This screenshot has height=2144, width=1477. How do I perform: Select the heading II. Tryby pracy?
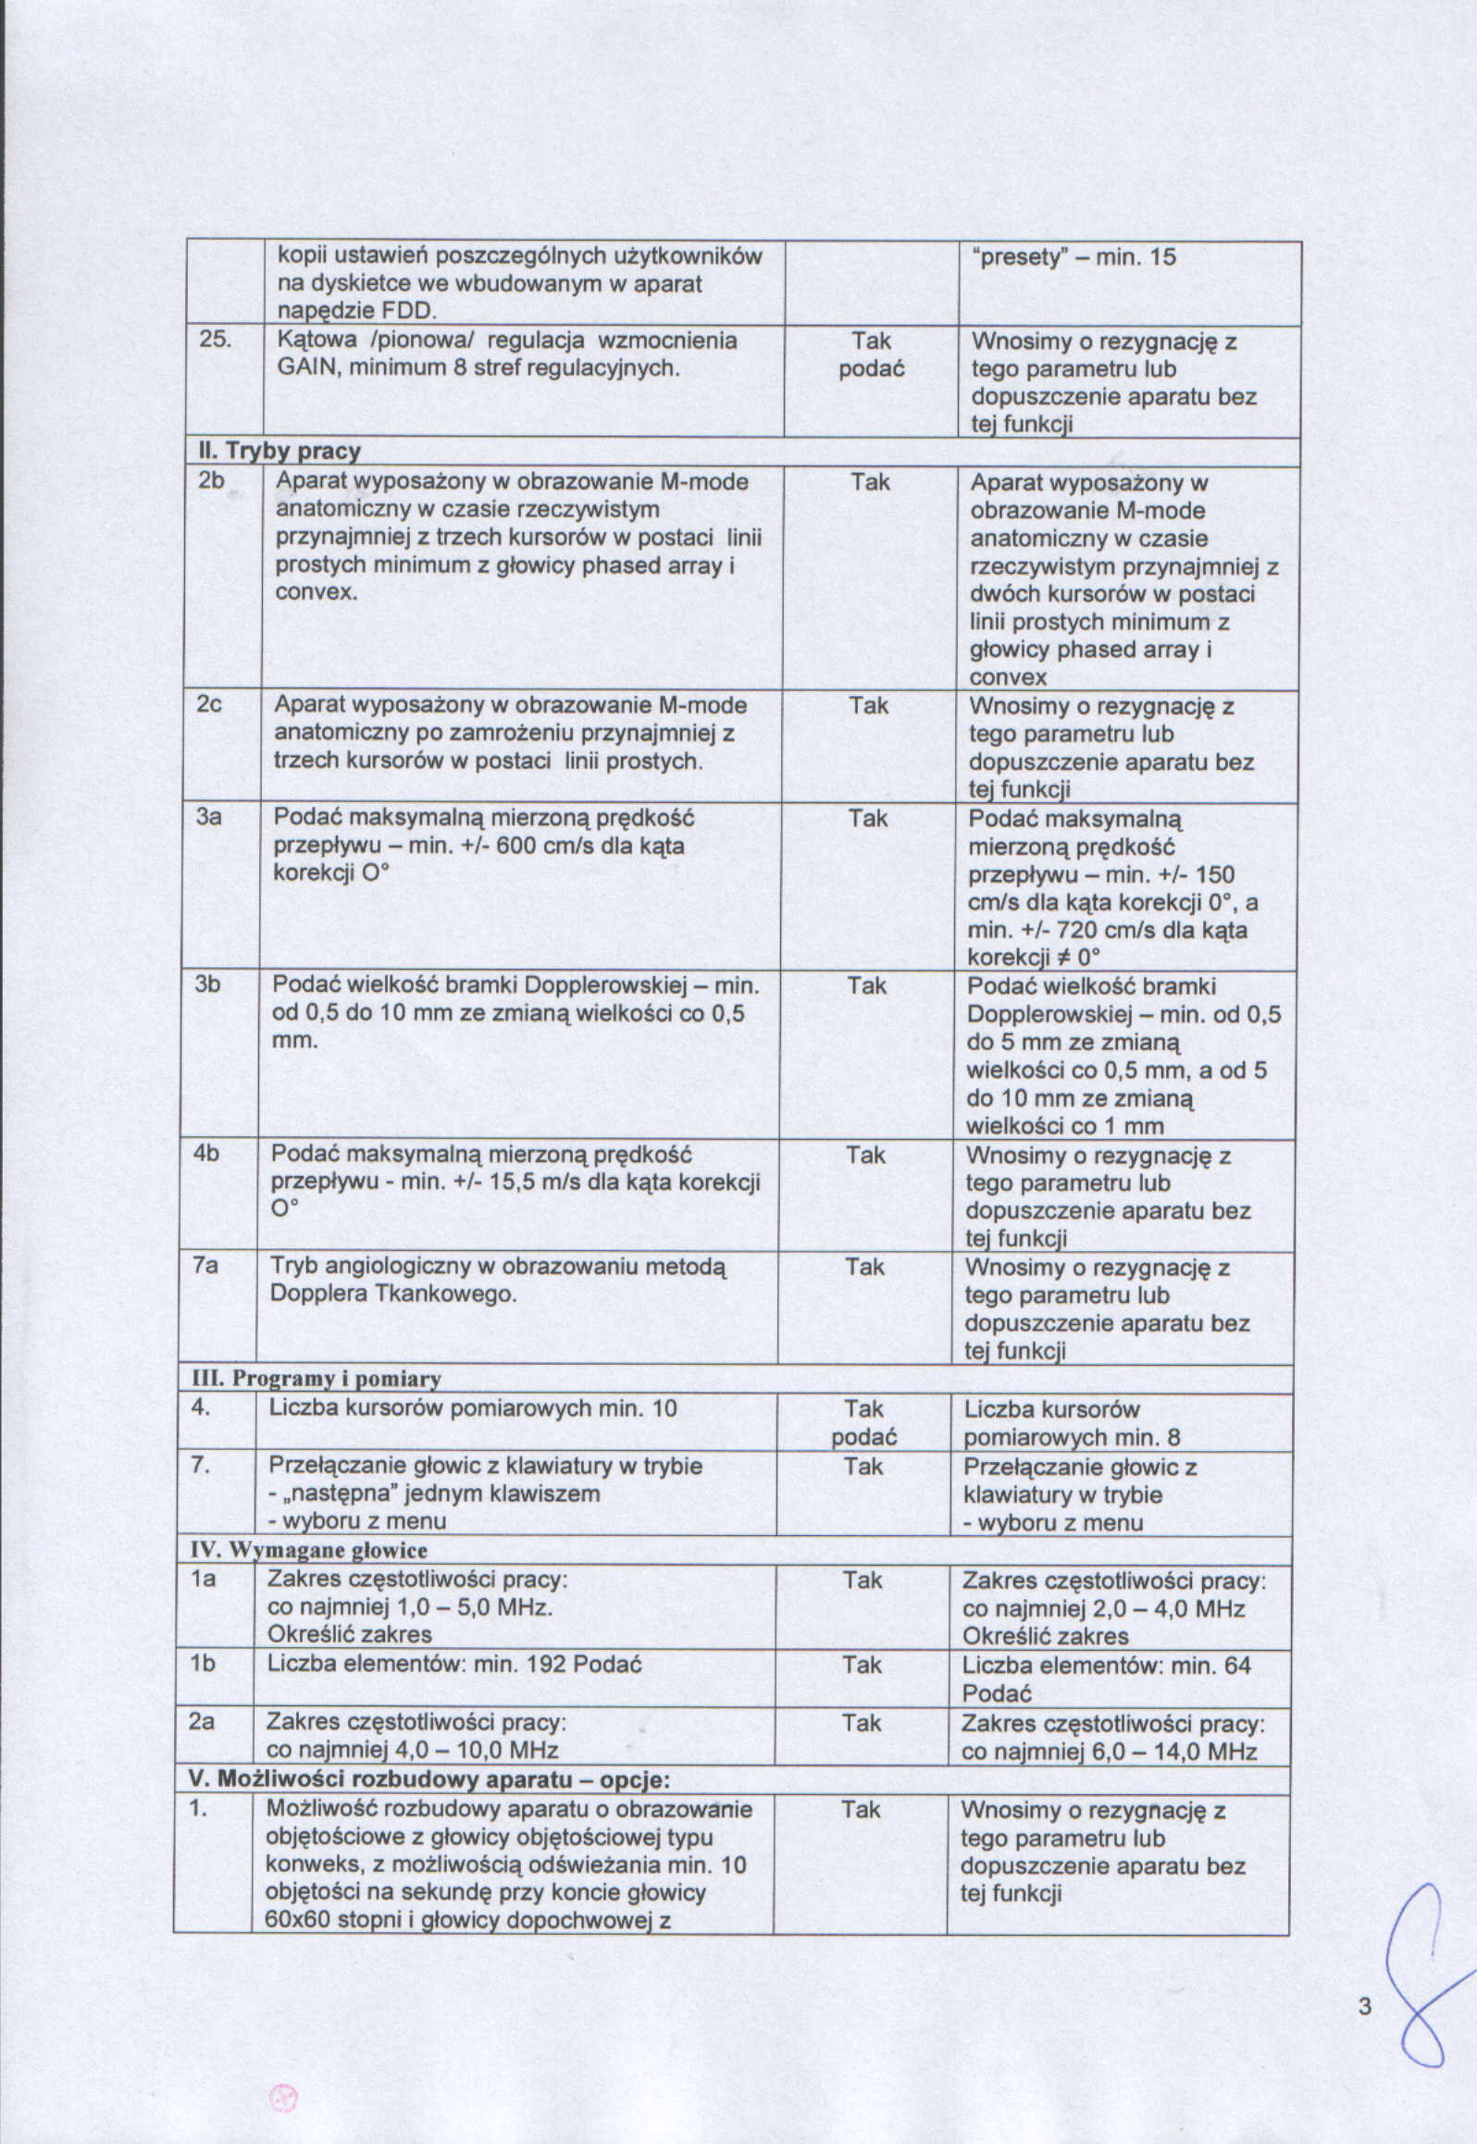pyautogui.click(x=279, y=452)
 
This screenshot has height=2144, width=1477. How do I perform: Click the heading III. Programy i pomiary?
pyautogui.click(x=316, y=1379)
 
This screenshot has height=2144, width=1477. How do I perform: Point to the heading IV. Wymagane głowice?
pyautogui.click(x=309, y=1550)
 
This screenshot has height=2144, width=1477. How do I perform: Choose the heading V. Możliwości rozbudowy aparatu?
pyautogui.click(x=428, y=1779)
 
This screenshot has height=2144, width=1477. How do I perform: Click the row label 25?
pyautogui.click(x=216, y=340)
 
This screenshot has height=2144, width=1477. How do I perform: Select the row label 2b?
pyautogui.click(x=211, y=480)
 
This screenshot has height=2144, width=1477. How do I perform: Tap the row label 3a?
pyautogui.click(x=208, y=817)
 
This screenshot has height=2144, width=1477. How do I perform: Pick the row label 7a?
pyautogui.click(x=205, y=1265)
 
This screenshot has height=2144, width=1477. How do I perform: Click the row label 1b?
pyautogui.click(x=203, y=1664)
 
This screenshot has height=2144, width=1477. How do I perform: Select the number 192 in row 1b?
pyautogui.click(x=546, y=1664)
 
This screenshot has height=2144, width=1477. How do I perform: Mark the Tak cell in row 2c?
pyautogui.click(x=868, y=706)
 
